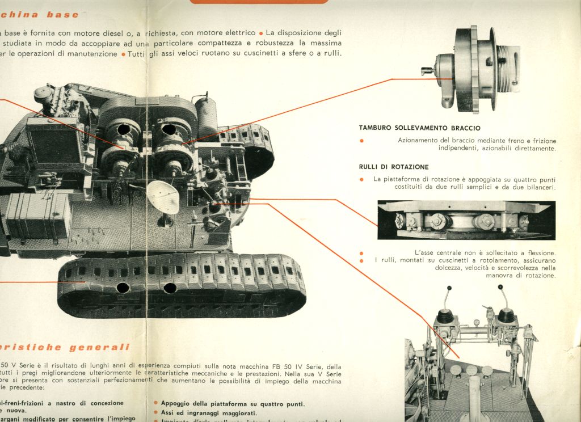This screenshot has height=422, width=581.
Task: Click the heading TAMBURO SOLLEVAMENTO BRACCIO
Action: click(419, 128)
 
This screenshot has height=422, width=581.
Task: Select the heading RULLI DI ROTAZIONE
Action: click(393, 167)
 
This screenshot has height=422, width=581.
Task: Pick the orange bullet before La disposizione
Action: click(260, 33)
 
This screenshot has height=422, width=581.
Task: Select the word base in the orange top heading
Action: click(62, 14)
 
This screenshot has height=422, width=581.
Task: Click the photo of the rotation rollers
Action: click(466, 220)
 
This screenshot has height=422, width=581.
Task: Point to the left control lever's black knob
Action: click(447, 315)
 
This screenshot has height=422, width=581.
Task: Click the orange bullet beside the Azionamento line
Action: click(361, 141)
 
